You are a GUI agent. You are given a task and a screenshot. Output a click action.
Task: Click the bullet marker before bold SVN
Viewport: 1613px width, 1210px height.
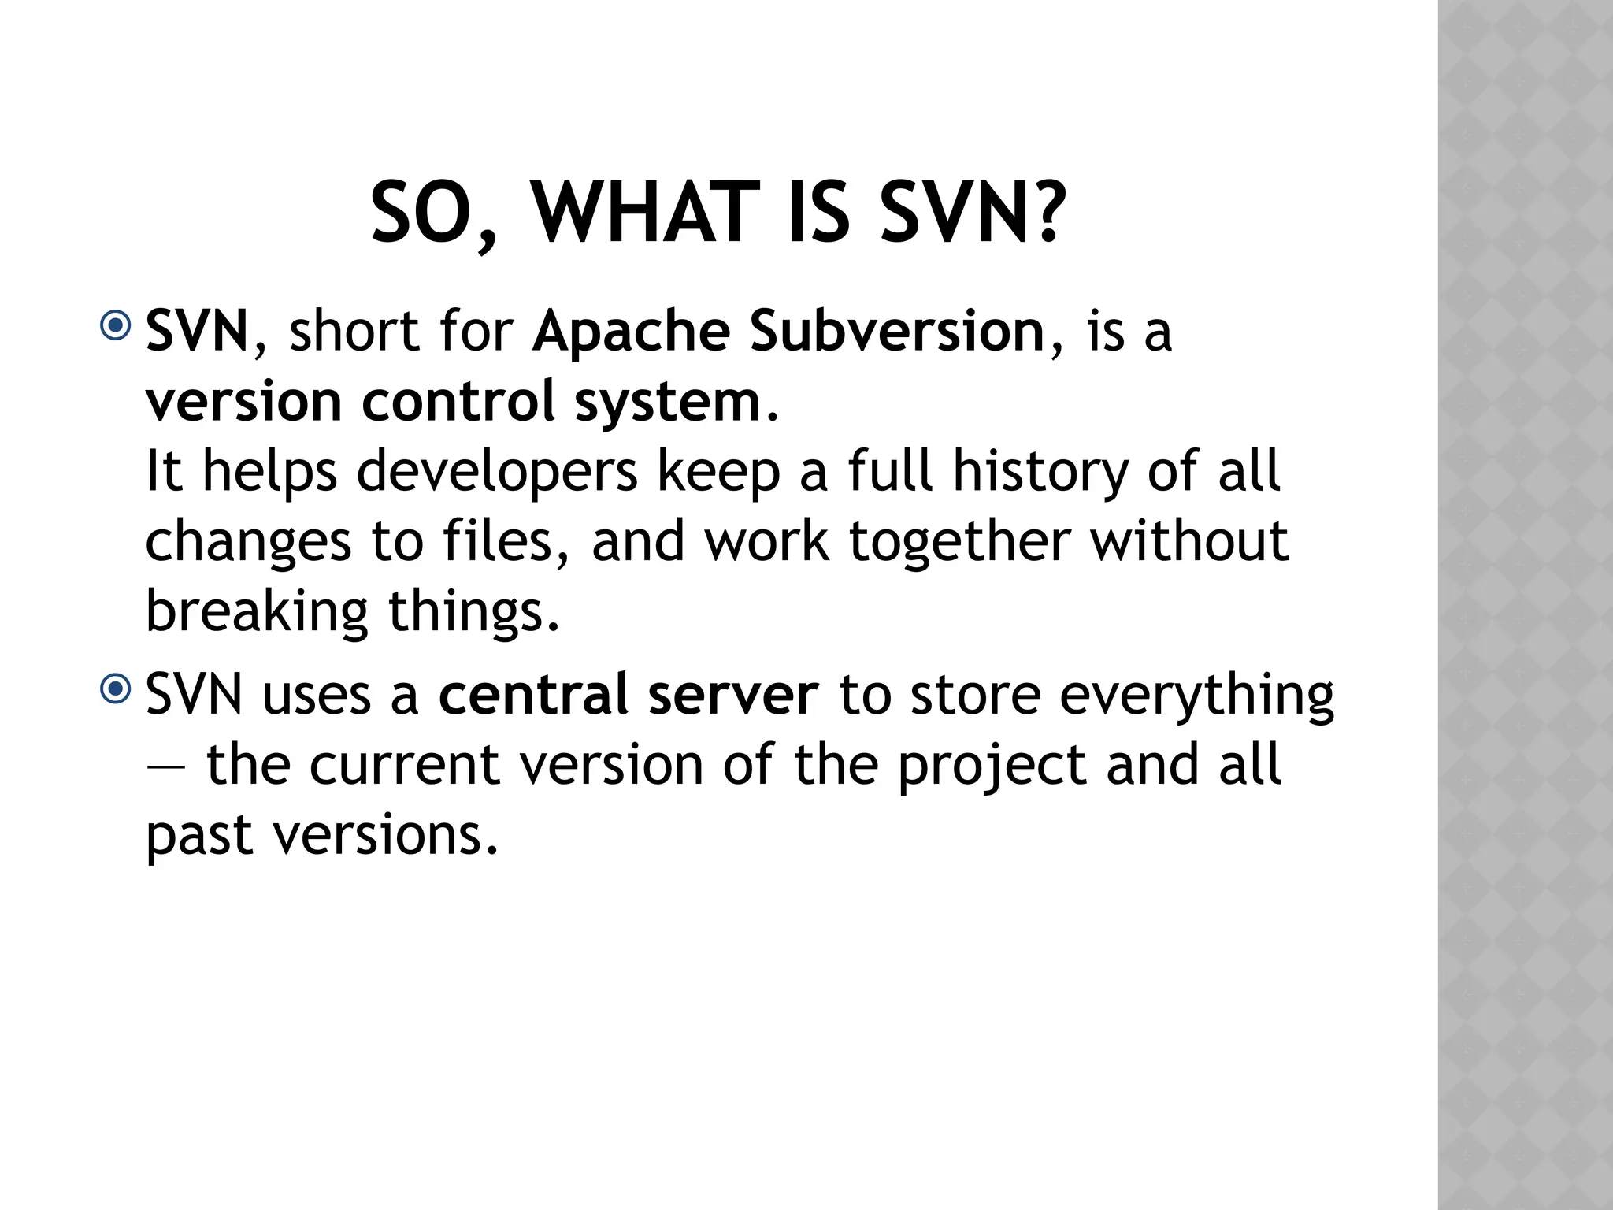pos(116,326)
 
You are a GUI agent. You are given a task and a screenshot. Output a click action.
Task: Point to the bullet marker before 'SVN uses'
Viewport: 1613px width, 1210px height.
pos(116,690)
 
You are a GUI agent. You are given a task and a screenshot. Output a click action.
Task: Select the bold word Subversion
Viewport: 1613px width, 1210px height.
pos(897,331)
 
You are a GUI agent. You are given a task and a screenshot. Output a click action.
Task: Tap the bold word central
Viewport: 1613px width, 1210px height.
pos(534,695)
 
